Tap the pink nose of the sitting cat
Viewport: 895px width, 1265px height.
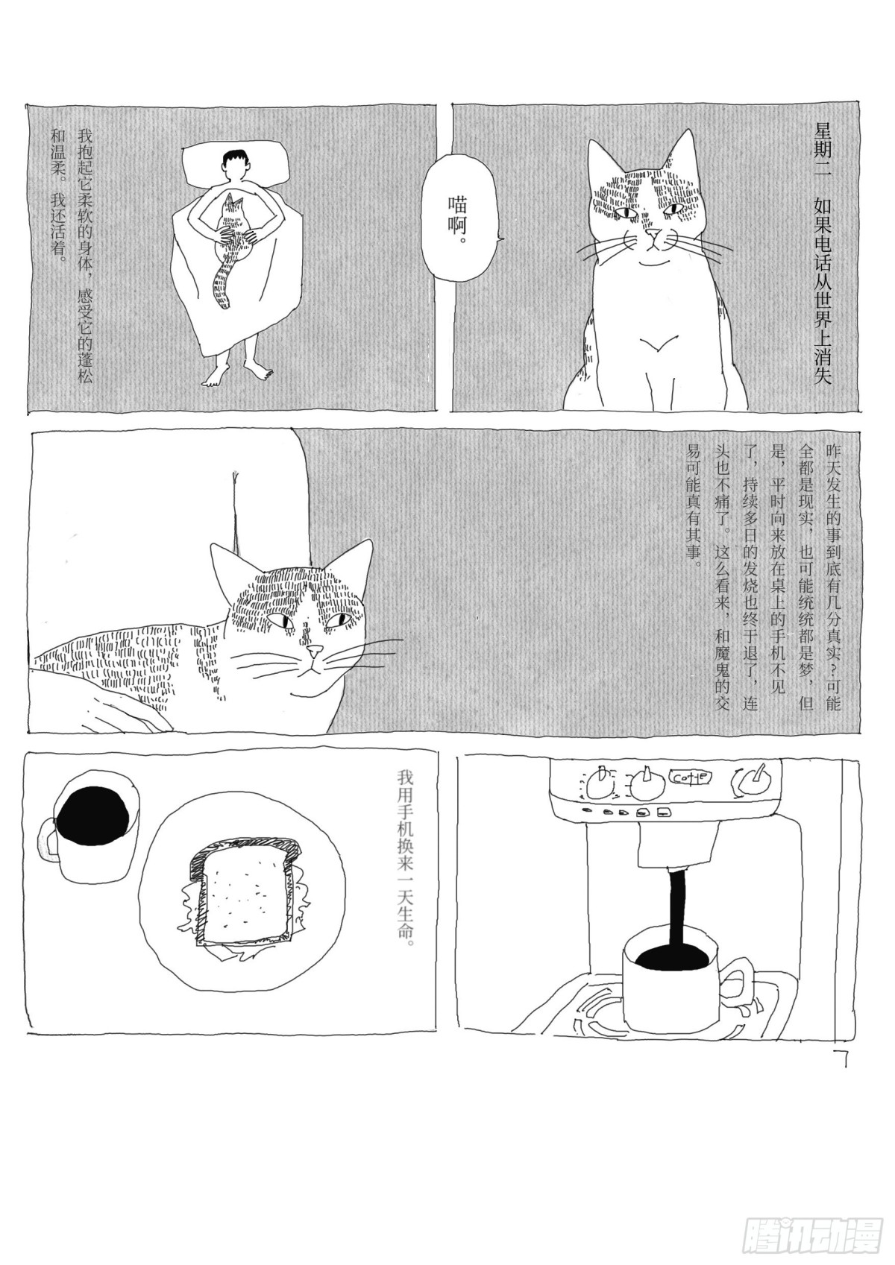654,232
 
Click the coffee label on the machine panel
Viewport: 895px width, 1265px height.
688,777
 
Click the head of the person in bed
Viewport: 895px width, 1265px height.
236,165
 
